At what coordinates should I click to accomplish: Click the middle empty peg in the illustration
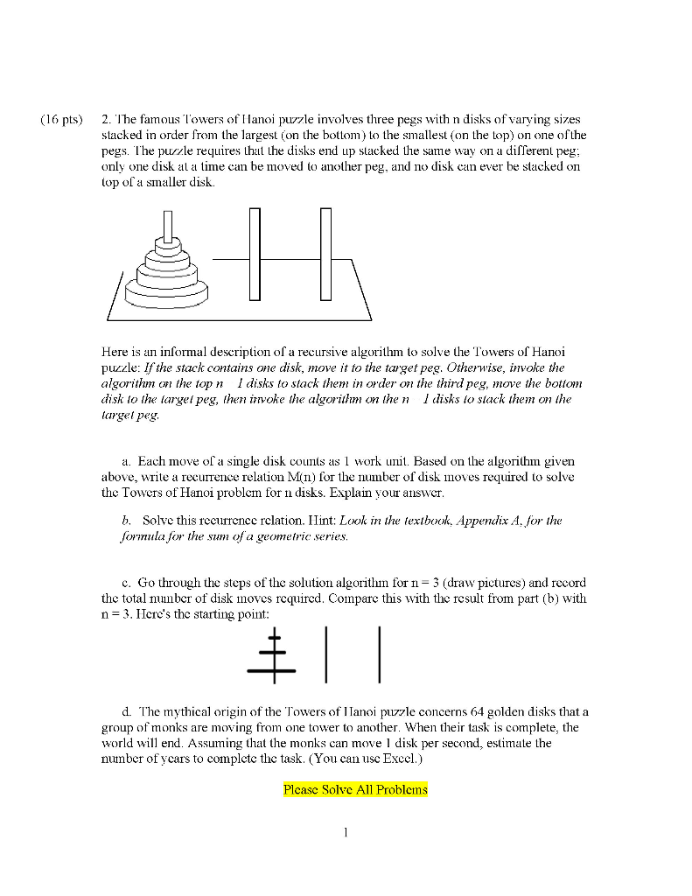[255, 254]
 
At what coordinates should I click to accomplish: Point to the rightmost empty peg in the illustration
[325, 254]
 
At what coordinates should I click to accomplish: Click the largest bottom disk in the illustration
[166, 292]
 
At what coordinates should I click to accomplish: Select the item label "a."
[128, 460]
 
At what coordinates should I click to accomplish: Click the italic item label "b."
[128, 520]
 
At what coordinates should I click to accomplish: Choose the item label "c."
[128, 582]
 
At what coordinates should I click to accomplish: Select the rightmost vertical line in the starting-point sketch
[380, 654]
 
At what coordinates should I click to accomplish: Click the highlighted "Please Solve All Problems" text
[355, 789]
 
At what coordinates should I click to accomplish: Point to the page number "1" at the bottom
[346, 833]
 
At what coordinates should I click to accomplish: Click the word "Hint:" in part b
[323, 520]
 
